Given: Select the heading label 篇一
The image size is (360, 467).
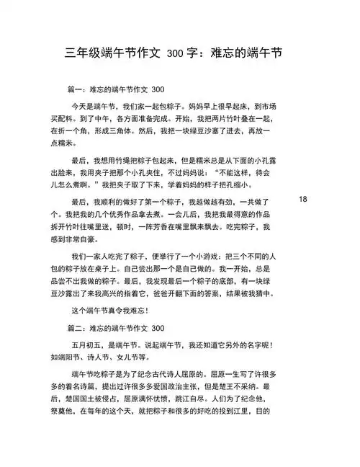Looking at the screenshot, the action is click(x=74, y=90).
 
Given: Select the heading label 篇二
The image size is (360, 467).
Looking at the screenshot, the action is click(x=74, y=327).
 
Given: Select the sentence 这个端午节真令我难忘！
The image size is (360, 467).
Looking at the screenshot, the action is click(x=109, y=311).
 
